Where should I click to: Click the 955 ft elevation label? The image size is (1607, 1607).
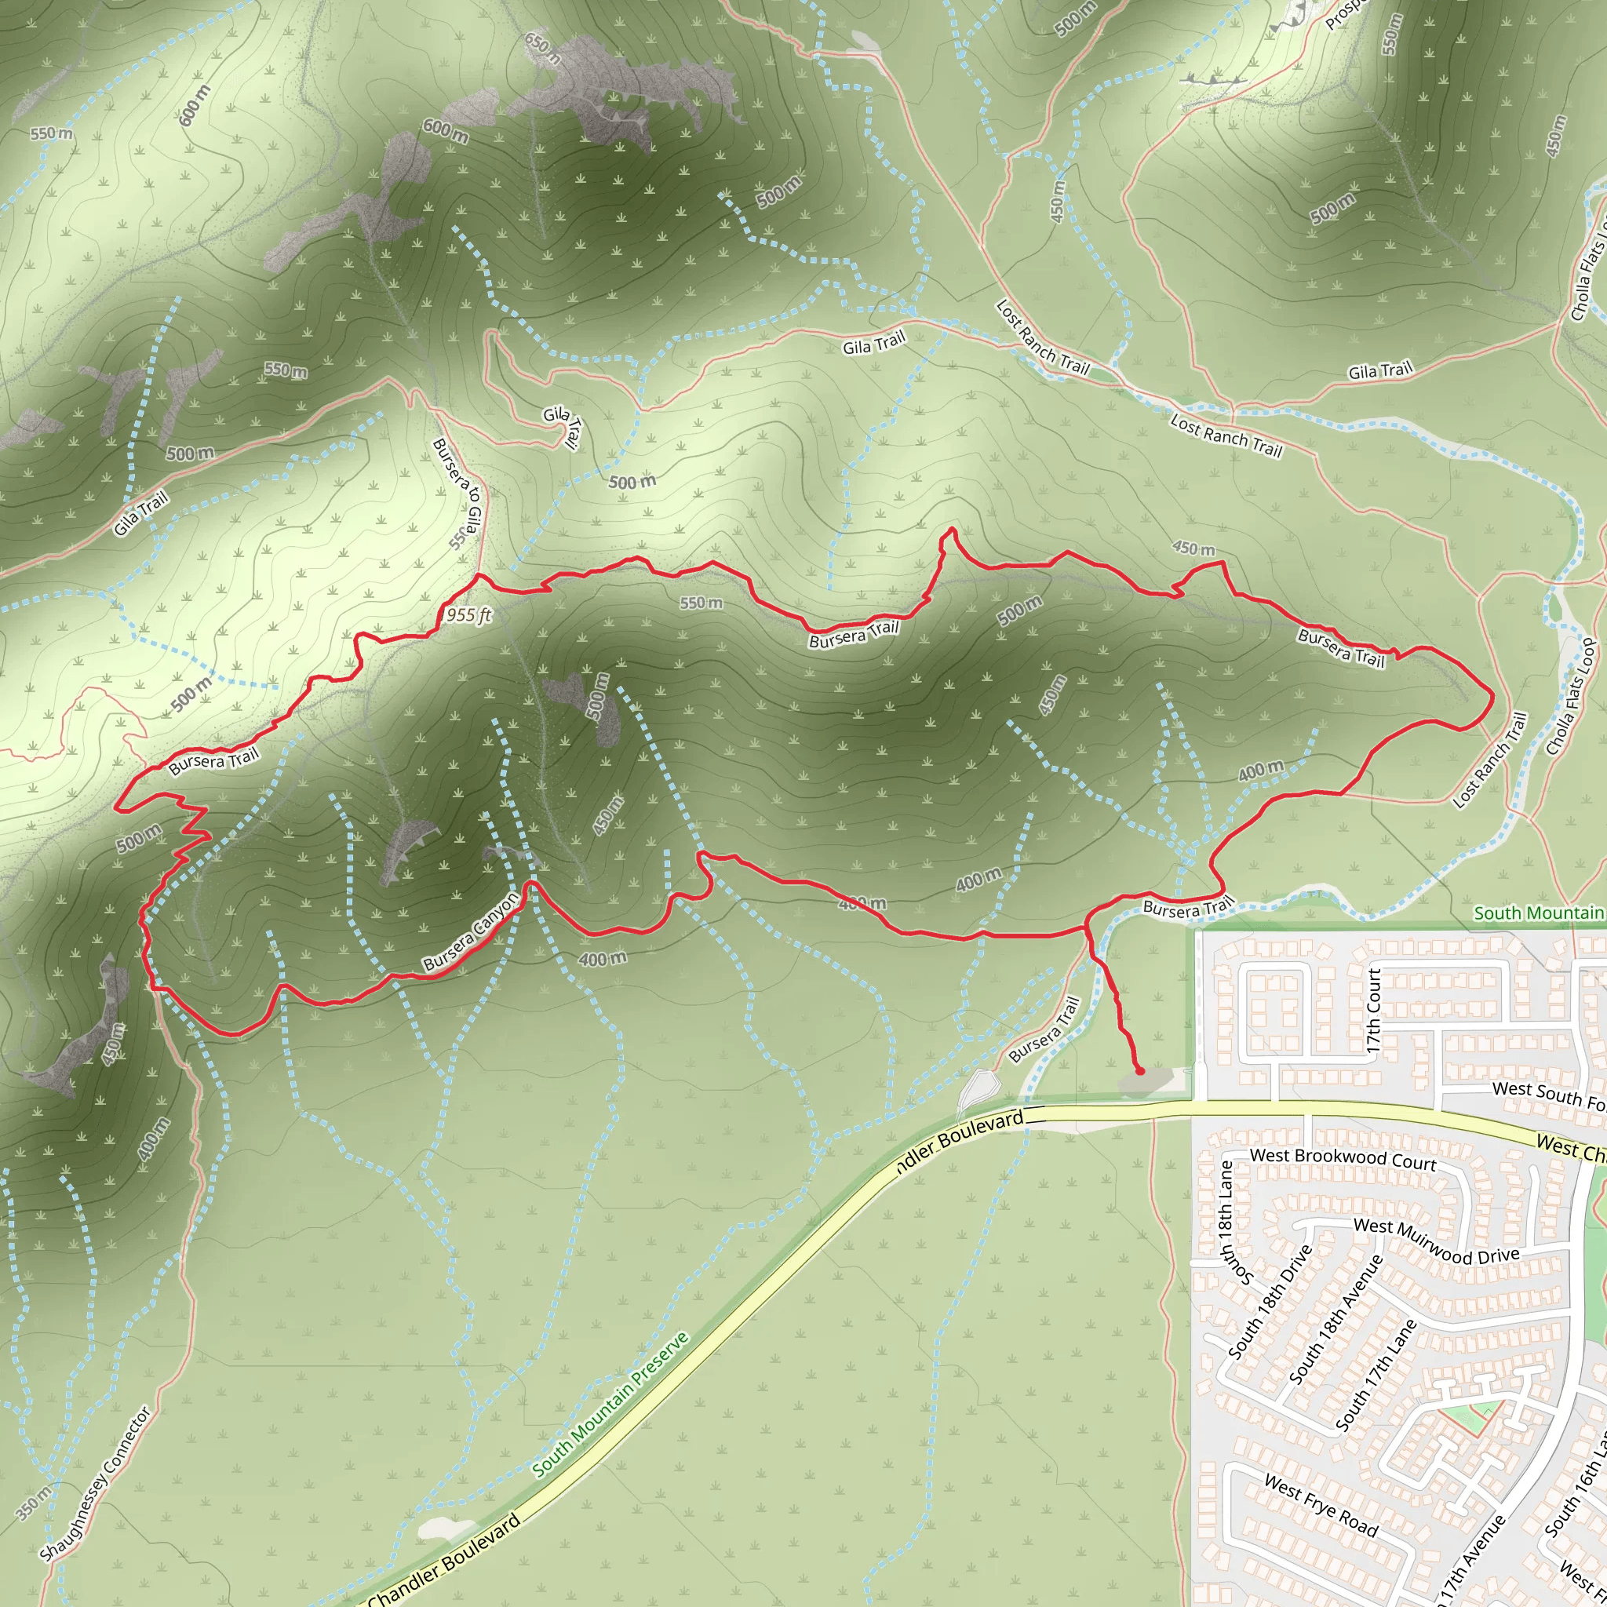pos(469,614)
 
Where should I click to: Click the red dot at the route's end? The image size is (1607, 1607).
pos(1139,1070)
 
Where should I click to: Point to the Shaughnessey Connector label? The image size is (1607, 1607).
pos(96,1483)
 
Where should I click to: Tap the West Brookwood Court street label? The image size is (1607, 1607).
pos(1343,1159)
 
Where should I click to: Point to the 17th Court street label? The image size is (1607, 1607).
pos(1373,1011)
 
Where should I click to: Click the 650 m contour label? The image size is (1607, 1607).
pos(543,48)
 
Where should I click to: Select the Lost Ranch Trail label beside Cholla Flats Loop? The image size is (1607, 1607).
pos(1491,760)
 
